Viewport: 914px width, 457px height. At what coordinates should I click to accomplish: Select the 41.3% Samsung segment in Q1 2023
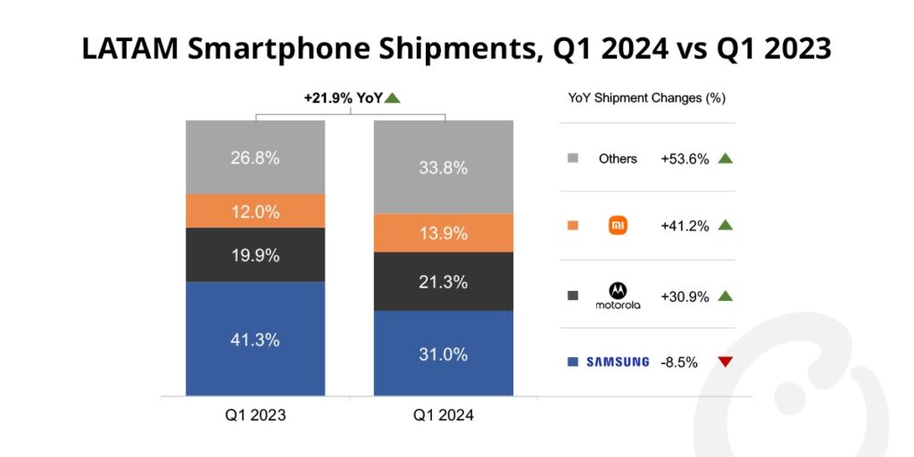(254, 339)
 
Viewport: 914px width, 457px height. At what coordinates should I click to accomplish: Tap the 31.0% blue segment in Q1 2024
(443, 353)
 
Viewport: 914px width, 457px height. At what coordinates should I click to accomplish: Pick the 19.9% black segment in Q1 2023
(254, 255)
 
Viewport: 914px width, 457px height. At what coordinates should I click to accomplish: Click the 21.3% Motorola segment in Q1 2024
(443, 281)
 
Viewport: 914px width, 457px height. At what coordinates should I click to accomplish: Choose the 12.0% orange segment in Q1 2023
(254, 212)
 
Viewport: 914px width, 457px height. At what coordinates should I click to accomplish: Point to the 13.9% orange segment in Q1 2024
(443, 233)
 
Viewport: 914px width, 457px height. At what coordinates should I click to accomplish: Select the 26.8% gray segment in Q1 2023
(254, 157)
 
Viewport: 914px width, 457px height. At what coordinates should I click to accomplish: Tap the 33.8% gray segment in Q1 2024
(443, 167)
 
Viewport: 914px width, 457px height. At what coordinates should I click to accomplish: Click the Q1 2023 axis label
(255, 415)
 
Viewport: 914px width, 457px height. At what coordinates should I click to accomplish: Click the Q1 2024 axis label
(443, 415)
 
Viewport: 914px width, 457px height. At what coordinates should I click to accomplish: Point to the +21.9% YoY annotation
(340, 98)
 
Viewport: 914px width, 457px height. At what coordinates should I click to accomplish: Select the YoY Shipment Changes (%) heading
(646, 98)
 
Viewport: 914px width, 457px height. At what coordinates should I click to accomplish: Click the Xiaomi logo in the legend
(618, 226)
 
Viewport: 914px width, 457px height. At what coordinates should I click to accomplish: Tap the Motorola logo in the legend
(618, 295)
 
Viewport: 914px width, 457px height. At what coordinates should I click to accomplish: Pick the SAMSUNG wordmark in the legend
(618, 361)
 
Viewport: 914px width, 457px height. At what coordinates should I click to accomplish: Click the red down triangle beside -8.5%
(725, 361)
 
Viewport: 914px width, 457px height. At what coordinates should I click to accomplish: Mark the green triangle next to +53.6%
(725, 159)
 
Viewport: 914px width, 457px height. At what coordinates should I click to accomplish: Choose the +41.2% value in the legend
(685, 226)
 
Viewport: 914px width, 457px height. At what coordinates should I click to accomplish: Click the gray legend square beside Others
(573, 159)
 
